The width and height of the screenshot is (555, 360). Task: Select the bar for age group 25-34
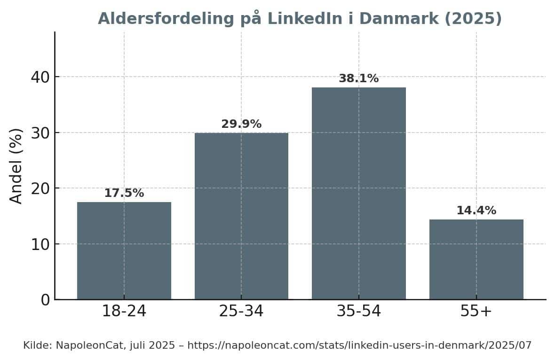point(241,216)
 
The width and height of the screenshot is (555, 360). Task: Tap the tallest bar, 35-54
point(358,193)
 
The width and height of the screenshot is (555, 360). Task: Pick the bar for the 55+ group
point(476,259)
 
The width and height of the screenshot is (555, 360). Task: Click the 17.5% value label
point(124,193)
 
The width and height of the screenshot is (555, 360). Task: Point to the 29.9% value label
point(241,124)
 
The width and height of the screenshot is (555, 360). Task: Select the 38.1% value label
point(358,78)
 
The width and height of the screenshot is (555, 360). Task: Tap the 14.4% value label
point(476,211)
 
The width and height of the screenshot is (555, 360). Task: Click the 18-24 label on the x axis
point(124,311)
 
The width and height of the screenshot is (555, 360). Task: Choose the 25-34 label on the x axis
point(241,311)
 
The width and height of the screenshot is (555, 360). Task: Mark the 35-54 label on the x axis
point(358,311)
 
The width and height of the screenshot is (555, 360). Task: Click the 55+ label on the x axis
point(476,311)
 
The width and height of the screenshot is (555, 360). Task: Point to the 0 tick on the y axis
point(45,300)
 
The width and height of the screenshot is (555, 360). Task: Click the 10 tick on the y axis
point(40,244)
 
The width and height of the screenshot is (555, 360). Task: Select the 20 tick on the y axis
point(40,188)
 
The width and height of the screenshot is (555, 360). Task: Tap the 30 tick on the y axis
point(40,133)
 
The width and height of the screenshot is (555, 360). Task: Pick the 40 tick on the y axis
point(40,77)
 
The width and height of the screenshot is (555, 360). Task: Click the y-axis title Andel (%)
point(16,165)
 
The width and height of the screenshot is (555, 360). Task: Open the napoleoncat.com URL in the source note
point(359,345)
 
